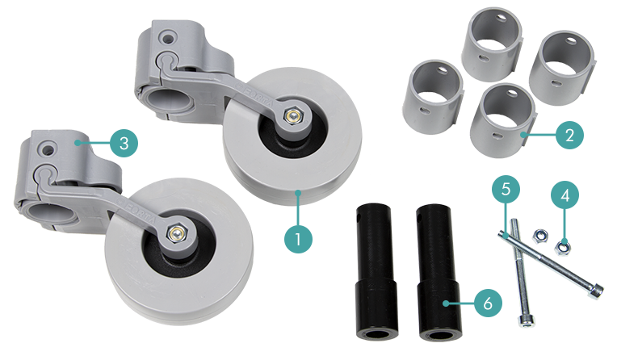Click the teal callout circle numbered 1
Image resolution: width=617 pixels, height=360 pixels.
click(298, 239)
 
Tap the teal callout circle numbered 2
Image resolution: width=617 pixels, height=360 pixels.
click(569, 135)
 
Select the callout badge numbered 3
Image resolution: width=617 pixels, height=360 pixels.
click(124, 143)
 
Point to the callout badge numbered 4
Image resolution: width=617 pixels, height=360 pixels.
click(565, 195)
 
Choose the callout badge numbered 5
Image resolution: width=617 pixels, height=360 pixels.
click(506, 189)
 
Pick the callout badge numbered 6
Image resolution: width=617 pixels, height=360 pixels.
click(488, 303)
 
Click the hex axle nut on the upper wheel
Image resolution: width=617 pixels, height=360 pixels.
click(293, 115)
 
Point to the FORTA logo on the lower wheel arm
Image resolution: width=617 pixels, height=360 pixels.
click(139, 213)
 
